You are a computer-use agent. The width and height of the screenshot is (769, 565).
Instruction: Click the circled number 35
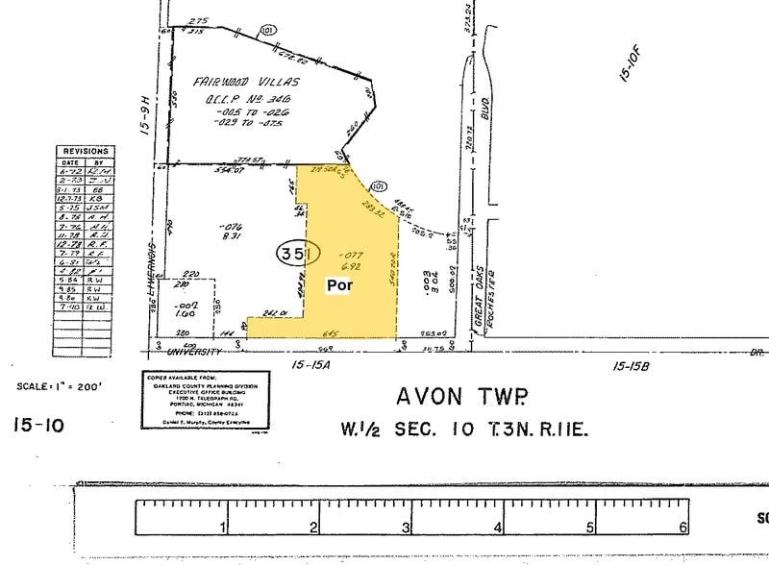(292, 254)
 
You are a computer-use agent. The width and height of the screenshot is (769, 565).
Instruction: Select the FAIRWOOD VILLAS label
(248, 83)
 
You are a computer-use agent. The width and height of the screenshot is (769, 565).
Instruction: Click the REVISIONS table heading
(86, 152)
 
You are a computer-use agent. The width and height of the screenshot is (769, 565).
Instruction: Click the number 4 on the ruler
(498, 527)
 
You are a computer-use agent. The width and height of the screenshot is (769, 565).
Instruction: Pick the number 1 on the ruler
(223, 527)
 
